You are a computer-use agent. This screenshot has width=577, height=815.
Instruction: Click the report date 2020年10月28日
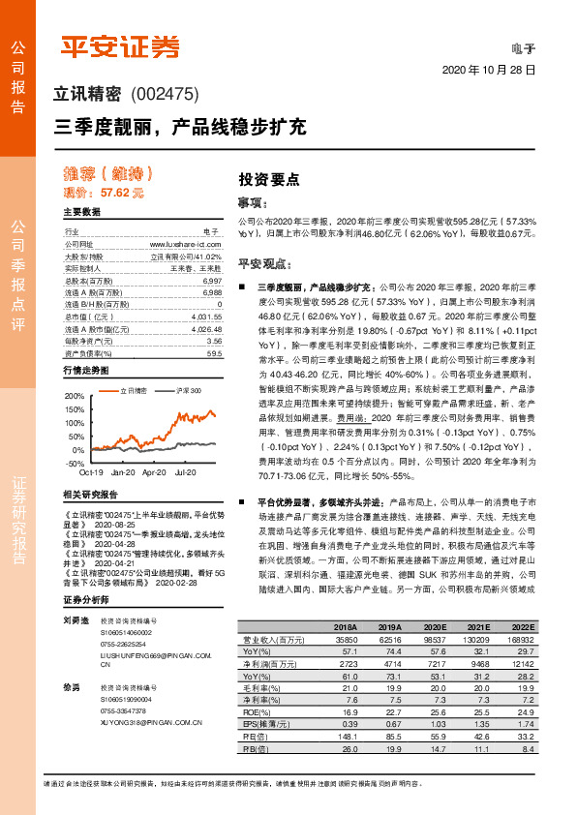(489, 71)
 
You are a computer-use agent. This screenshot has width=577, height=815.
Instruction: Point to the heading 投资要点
(268, 180)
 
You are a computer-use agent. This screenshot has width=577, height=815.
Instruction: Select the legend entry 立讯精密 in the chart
(133, 389)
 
